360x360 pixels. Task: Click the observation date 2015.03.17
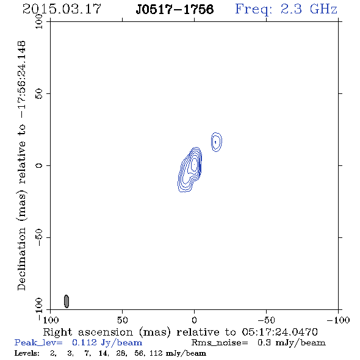pyautogui.click(x=62, y=9)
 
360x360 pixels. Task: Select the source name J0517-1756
pyautogui.click(x=175, y=10)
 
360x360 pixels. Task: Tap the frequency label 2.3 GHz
pyautogui.click(x=309, y=9)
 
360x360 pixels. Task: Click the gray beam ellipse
pyautogui.click(x=67, y=301)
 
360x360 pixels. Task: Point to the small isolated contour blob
pyautogui.click(x=216, y=142)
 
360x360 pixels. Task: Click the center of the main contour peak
pyautogui.click(x=194, y=164)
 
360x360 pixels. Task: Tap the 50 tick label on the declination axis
pyautogui.click(x=39, y=93)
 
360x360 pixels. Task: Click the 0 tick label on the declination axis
pyautogui.click(x=39, y=165)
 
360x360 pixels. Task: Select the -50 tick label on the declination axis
pyautogui.click(x=39, y=237)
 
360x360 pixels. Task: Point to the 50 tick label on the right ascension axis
pyautogui.click(x=122, y=320)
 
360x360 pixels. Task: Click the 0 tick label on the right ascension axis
pyautogui.click(x=194, y=320)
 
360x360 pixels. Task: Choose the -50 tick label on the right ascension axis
pyautogui.click(x=266, y=320)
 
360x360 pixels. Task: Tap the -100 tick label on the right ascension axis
pyautogui.click(x=338, y=320)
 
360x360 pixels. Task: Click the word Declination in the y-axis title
pyautogui.click(x=21, y=259)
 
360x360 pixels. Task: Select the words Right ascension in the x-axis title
pyautogui.click(x=88, y=332)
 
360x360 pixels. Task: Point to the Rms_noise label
pyautogui.click(x=220, y=343)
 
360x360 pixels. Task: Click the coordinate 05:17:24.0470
pyautogui.click(x=279, y=332)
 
